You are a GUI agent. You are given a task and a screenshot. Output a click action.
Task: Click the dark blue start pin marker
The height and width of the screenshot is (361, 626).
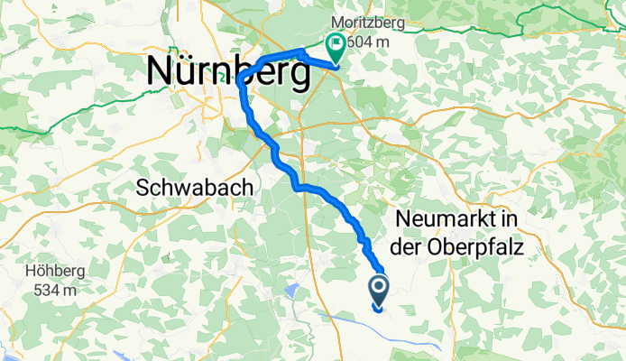coord(377,290)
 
